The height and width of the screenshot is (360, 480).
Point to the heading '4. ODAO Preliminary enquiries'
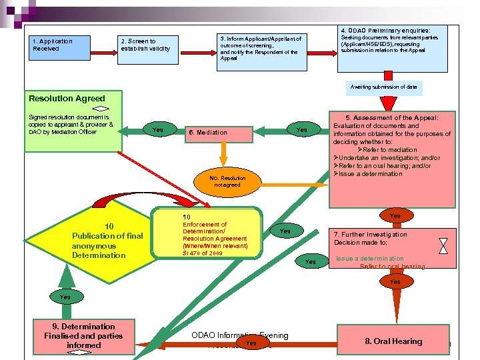tap(385, 31)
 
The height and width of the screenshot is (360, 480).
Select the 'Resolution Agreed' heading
tap(67, 99)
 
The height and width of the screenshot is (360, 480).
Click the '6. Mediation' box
tap(207, 133)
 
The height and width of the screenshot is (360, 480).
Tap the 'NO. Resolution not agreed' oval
tap(227, 181)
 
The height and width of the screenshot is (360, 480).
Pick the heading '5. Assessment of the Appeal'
tap(392, 117)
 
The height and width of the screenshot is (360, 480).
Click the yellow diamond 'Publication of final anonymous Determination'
tap(99, 241)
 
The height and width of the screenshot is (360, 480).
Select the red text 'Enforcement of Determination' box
tap(215, 235)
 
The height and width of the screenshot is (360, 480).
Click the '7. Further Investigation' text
tap(371, 235)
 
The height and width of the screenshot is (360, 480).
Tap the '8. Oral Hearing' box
tap(393, 341)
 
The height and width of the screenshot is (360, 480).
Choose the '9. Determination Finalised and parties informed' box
tap(84, 336)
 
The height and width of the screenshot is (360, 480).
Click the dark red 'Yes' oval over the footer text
tap(251, 343)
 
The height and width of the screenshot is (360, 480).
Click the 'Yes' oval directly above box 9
tap(65, 297)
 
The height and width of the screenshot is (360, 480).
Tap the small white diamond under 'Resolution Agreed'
tap(98, 109)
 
